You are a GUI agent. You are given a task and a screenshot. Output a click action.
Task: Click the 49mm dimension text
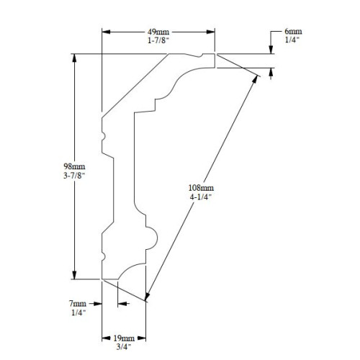[x=158, y=32]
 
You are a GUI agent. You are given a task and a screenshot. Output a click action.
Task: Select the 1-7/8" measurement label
[x=158, y=41]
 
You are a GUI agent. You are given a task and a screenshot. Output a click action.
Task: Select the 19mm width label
[x=123, y=338]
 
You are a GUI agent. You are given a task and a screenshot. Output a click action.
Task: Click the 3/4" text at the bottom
[x=123, y=346]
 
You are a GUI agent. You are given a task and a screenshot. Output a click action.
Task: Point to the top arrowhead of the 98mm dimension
[x=74, y=58]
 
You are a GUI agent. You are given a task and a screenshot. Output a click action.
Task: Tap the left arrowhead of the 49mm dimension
[x=106, y=32]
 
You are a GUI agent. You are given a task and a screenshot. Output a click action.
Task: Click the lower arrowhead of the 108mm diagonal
[x=147, y=296]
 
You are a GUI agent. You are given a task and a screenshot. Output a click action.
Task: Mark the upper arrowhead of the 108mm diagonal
[x=257, y=77]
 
